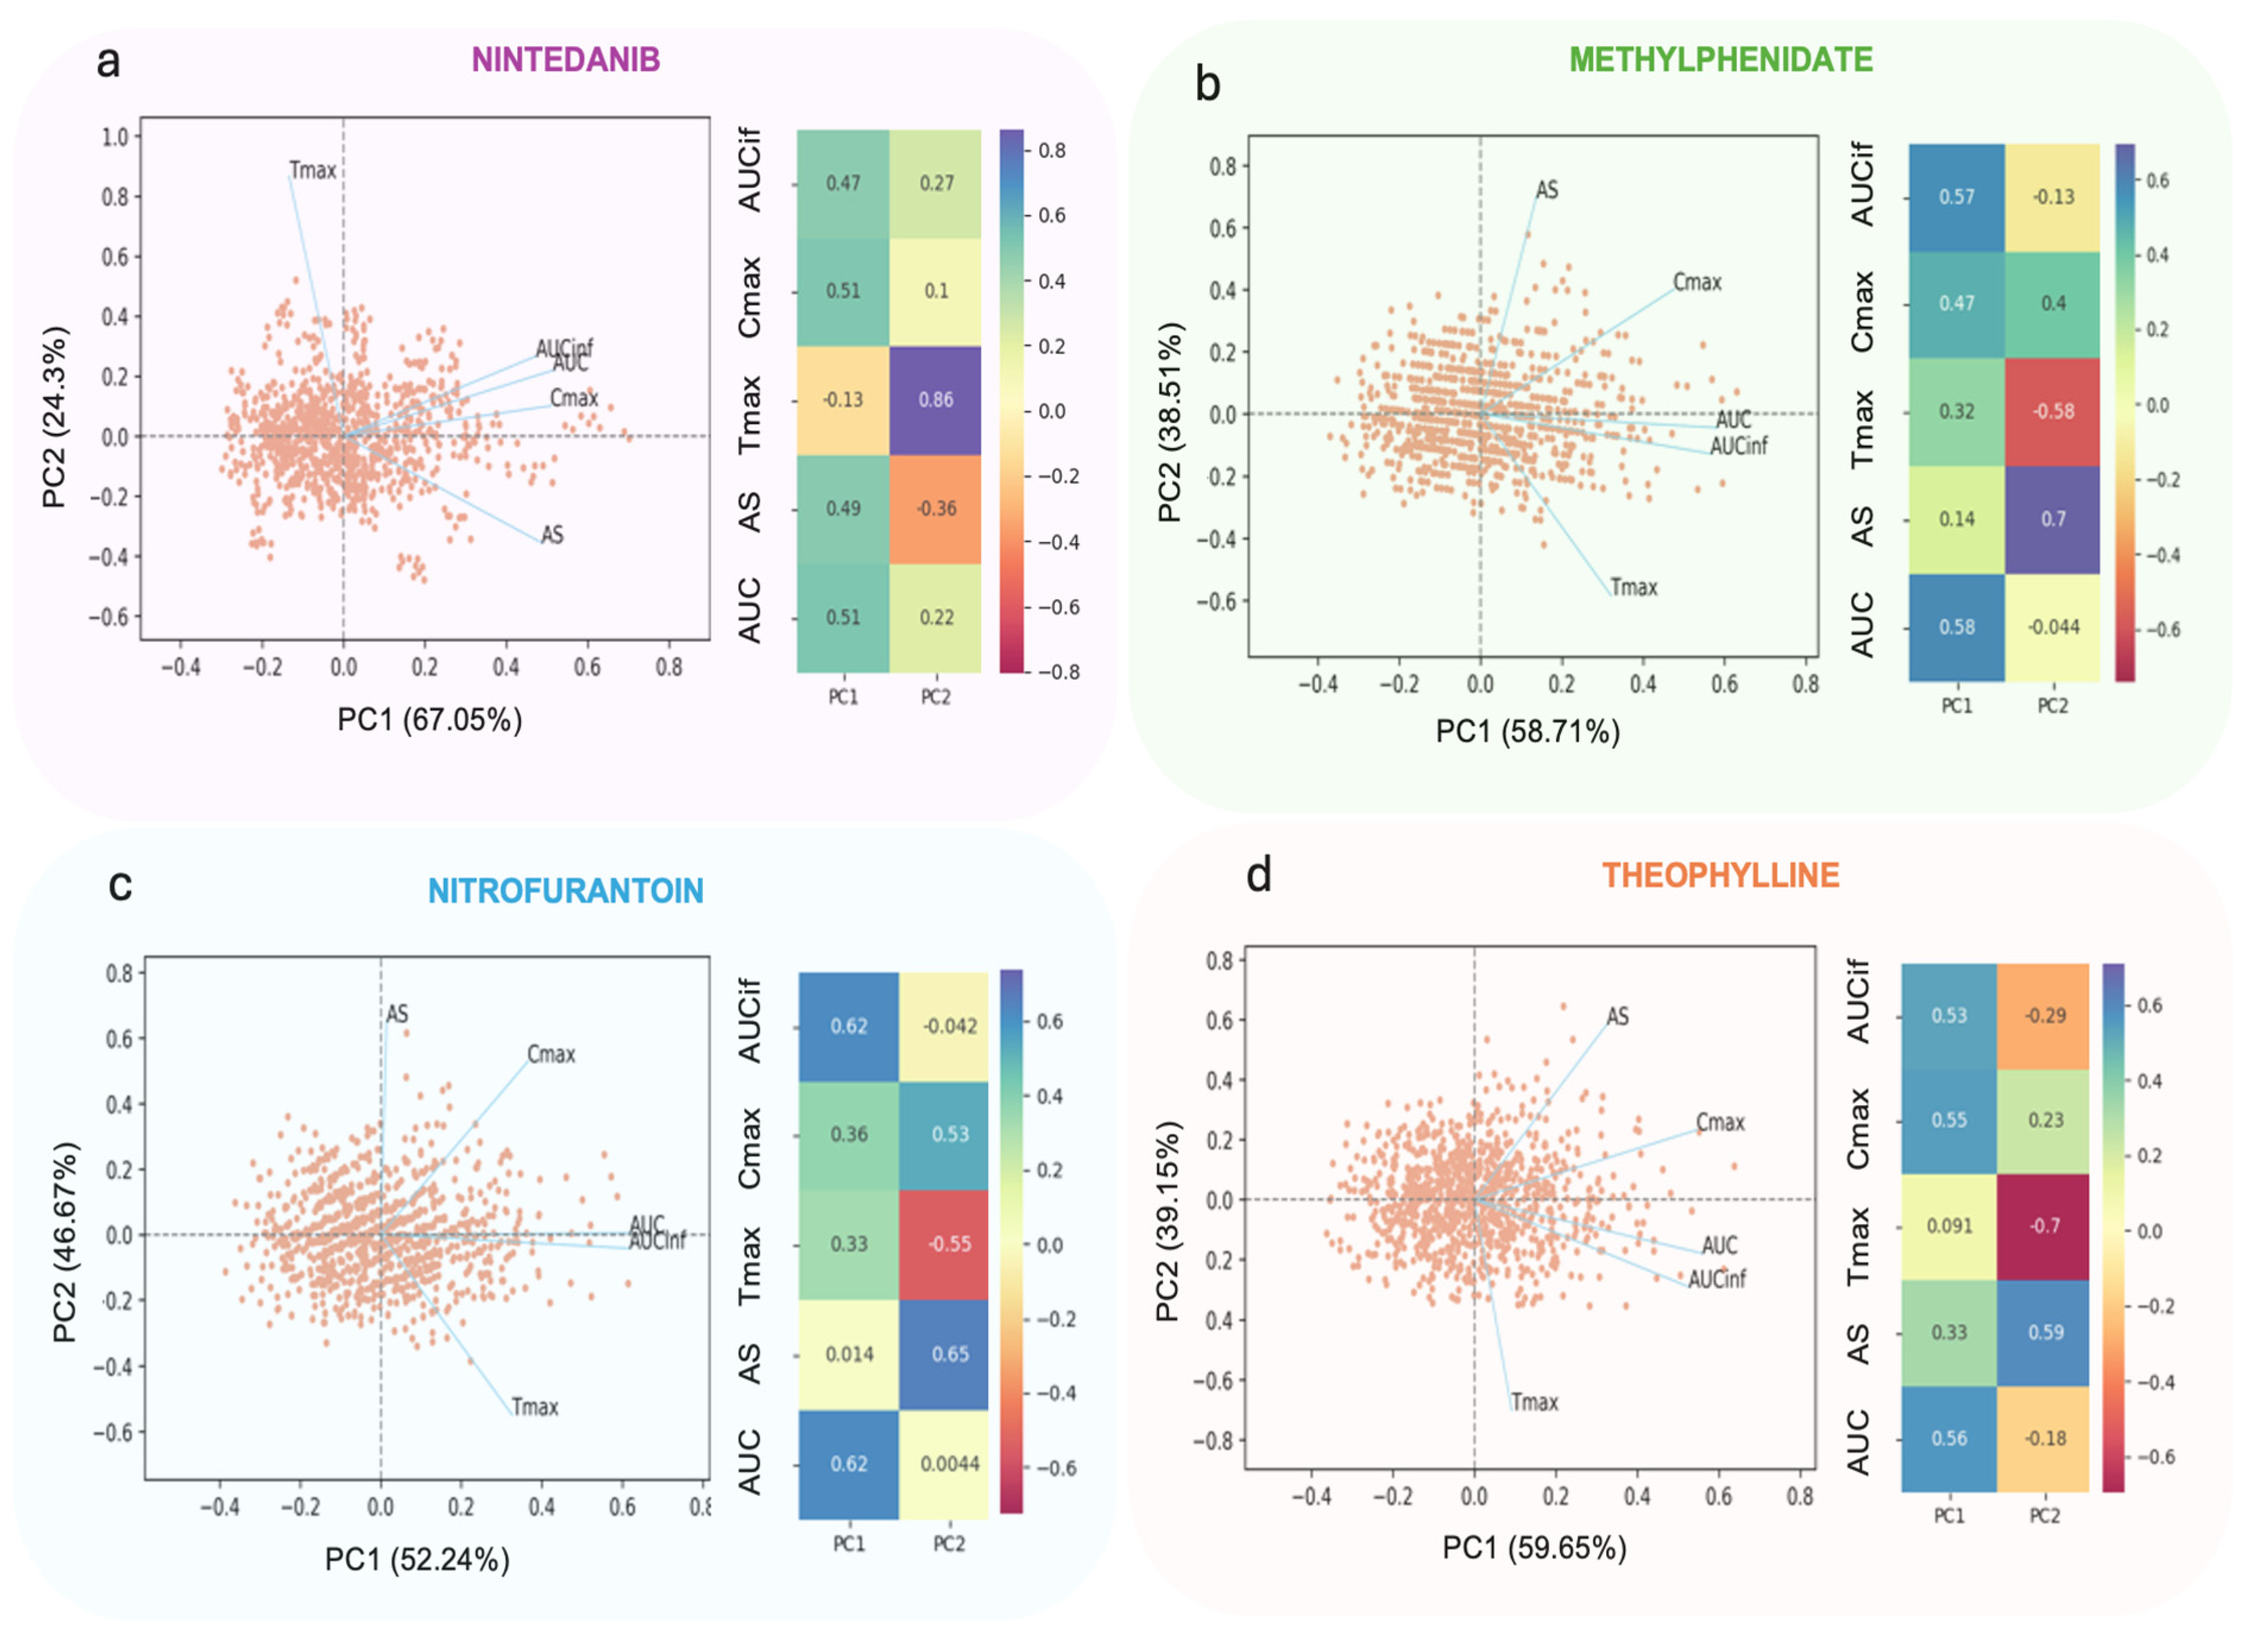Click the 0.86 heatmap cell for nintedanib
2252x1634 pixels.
[x=935, y=400]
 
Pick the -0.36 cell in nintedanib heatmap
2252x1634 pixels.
[x=935, y=508]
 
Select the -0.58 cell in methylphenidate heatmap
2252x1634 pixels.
[x=2052, y=411]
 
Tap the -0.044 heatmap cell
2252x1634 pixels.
[x=2052, y=626]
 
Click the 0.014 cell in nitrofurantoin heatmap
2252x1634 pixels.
[x=849, y=1354]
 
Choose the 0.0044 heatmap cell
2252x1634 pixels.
[x=950, y=1463]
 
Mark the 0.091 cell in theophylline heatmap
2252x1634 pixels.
[x=1949, y=1226]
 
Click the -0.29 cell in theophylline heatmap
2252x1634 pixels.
[x=2045, y=1015]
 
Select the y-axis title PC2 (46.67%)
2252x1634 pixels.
[x=65, y=1241]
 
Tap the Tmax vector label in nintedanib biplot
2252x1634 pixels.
[x=313, y=171]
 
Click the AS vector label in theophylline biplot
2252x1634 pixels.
[x=1617, y=1017]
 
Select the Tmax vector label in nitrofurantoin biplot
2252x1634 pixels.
[x=535, y=1406]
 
